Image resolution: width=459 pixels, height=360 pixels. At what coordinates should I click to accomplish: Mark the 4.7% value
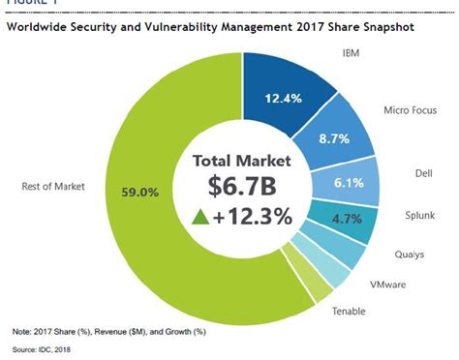point(346,219)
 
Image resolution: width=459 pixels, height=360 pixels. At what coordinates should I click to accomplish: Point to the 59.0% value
point(140,192)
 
